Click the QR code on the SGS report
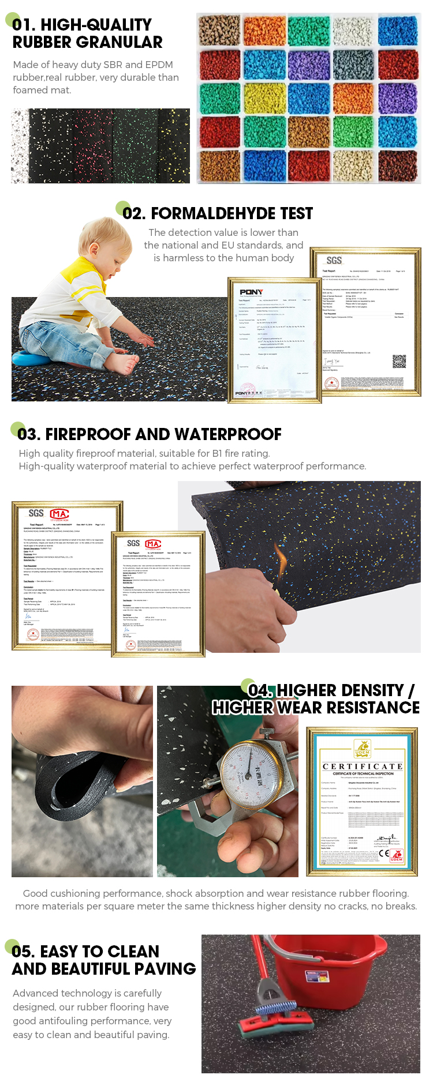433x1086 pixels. click(399, 362)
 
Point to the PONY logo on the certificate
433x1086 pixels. click(251, 292)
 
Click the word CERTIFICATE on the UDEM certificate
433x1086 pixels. click(362, 766)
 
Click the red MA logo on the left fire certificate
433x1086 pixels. click(59, 514)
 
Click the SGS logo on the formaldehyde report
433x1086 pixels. click(334, 261)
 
